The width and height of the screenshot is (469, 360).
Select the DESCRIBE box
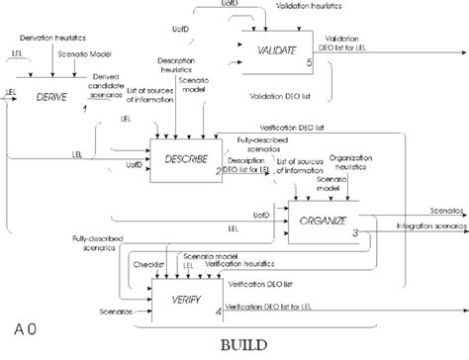pos(184,156)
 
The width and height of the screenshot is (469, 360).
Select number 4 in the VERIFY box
pos(218,315)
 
